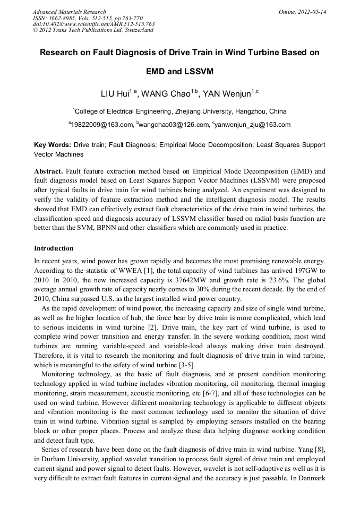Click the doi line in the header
coord(93,24)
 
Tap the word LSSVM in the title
coord(199,71)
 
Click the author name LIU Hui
coord(115,94)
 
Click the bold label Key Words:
coord(53,144)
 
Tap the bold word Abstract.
coord(49,171)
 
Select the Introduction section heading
coord(54,248)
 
